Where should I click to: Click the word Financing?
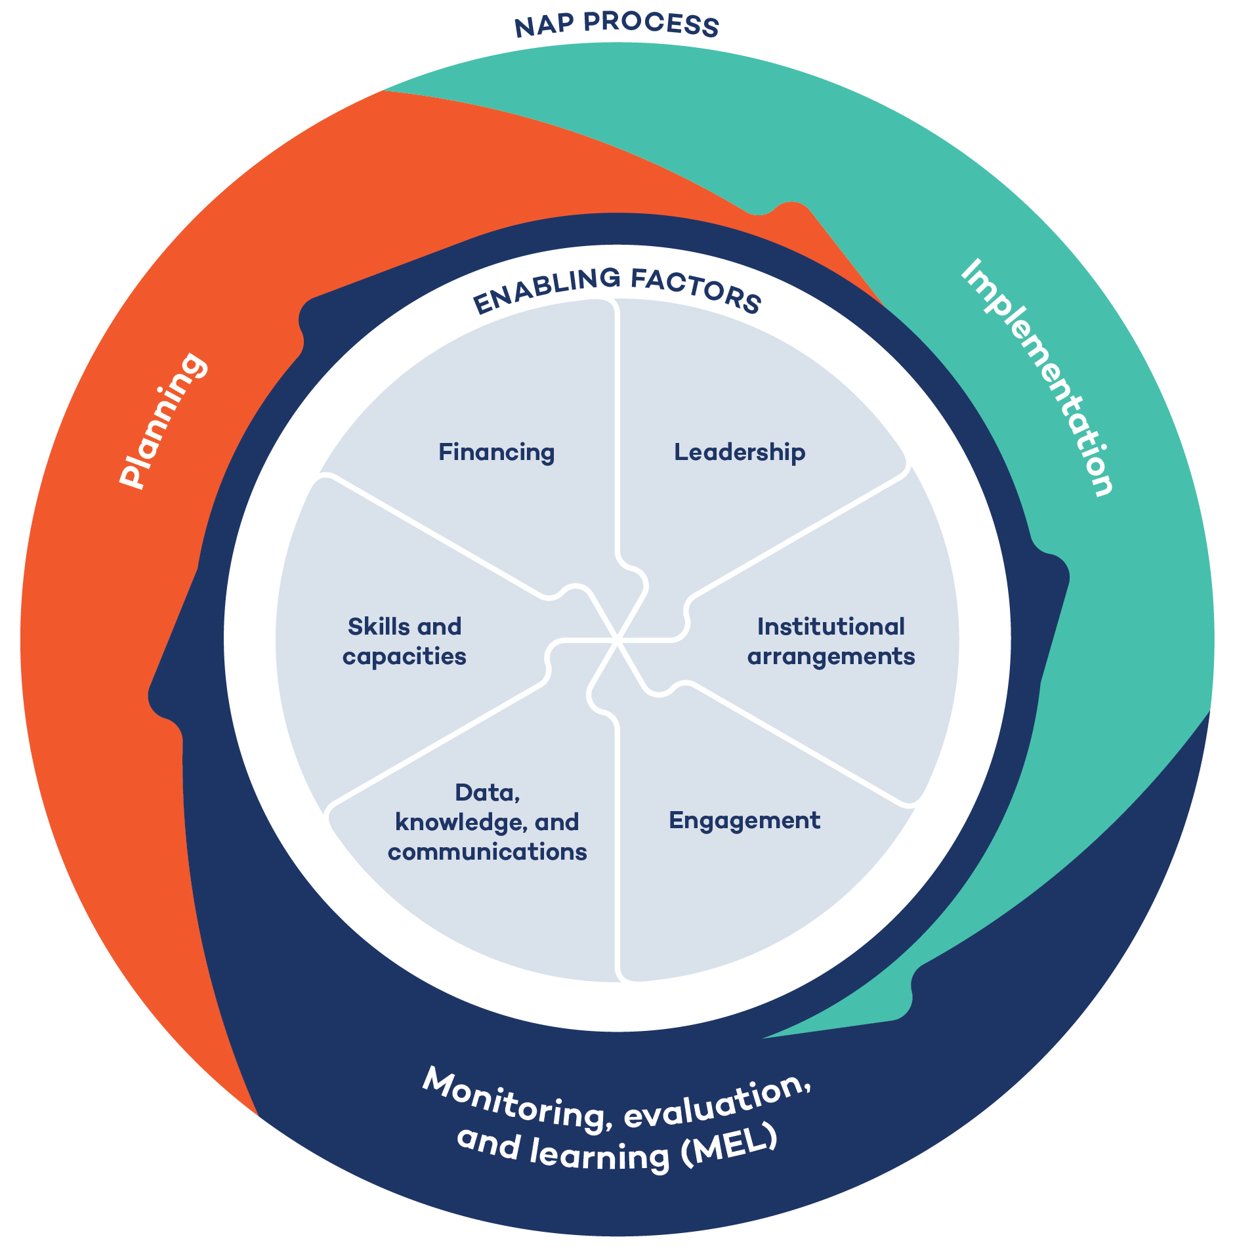click(x=496, y=453)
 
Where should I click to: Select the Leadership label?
click(x=740, y=453)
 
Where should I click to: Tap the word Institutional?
click(x=831, y=627)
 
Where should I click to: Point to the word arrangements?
click(x=831, y=657)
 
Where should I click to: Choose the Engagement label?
click(x=744, y=821)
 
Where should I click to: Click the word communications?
click(x=487, y=852)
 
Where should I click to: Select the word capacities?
click(x=404, y=657)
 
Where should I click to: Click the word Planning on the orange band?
click(x=163, y=421)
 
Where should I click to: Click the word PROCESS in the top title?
click(x=652, y=24)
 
